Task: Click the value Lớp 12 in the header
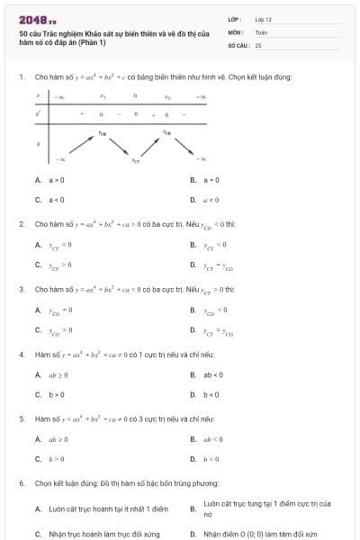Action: tap(263, 18)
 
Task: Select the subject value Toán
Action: tap(261, 31)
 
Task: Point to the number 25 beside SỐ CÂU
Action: tap(258, 44)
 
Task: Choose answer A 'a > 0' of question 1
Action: tap(49, 180)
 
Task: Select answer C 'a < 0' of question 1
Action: tap(49, 200)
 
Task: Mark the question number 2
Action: tap(21, 223)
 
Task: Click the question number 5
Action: tap(21, 418)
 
